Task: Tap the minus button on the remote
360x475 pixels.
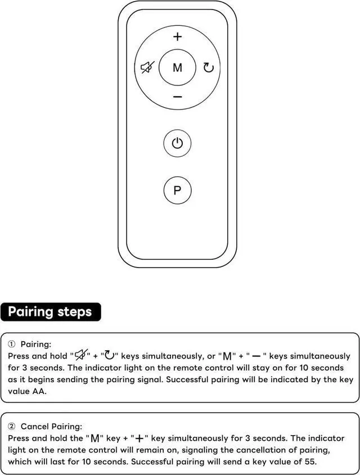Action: pos(178,97)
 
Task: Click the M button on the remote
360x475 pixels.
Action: pos(177,67)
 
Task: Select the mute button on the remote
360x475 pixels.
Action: pos(147,67)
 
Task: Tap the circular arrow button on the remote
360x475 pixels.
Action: pos(209,67)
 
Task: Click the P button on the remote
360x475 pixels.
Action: pos(177,190)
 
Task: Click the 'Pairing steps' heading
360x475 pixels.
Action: pos(50,312)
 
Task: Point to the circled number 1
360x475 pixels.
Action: pos(11,344)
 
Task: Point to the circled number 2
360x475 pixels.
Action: pos(11,427)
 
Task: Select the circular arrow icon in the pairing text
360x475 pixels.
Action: pos(109,355)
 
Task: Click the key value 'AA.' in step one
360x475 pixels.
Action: pos(39,391)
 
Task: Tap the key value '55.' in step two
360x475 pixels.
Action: pos(309,462)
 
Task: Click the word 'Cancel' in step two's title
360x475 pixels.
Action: pos(34,427)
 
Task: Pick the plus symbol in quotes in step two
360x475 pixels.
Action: pos(139,438)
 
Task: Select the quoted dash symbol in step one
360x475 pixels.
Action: pos(256,356)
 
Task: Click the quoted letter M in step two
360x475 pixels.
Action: pos(95,438)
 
